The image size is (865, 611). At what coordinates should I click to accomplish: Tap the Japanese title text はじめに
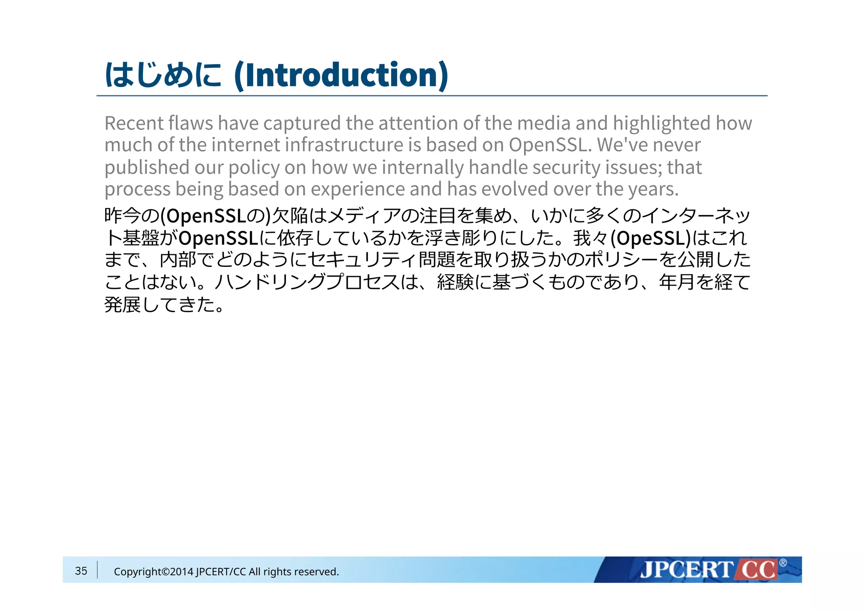163,75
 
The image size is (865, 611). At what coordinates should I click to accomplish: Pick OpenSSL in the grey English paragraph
548,145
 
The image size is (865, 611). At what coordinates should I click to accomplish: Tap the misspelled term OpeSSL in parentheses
650,239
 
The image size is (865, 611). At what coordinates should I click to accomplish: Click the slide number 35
81,571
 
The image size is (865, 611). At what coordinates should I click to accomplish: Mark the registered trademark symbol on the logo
783,562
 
